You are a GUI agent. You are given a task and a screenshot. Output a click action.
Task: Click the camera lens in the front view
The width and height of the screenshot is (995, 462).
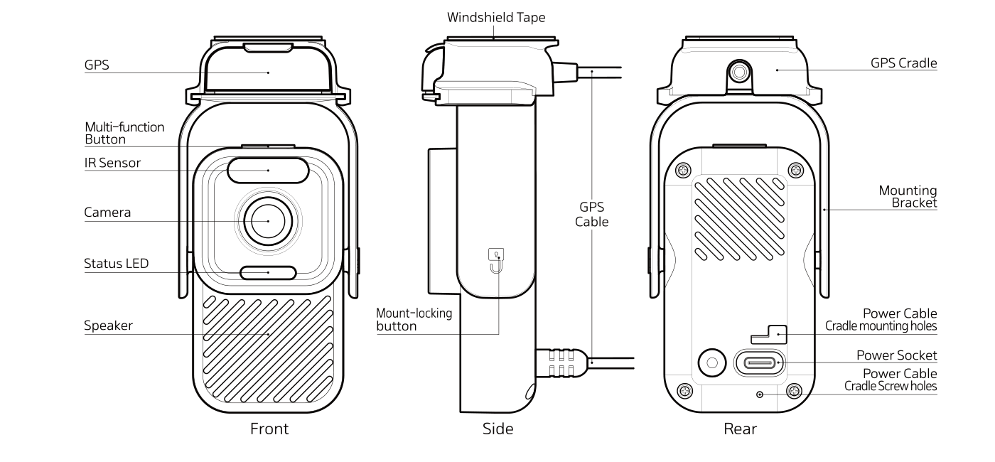point(268,221)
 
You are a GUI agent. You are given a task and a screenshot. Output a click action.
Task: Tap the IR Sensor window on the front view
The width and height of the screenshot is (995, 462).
point(268,171)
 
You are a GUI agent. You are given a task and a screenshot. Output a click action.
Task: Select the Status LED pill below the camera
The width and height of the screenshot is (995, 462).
point(268,272)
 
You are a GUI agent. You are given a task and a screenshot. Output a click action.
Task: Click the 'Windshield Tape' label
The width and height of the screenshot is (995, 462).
point(496,17)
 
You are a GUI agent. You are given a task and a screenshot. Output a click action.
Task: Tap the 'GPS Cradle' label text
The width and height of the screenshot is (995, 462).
point(903,63)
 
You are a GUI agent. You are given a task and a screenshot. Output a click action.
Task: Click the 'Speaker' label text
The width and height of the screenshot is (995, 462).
point(109,326)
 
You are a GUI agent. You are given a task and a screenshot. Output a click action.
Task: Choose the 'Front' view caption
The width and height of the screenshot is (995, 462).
point(269,429)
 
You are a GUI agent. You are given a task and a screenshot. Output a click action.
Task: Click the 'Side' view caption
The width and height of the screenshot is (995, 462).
point(497,429)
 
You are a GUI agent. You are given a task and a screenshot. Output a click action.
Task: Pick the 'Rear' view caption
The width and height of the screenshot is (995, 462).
point(740,429)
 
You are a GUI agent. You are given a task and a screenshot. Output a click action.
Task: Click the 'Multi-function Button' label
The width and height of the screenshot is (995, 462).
point(124,133)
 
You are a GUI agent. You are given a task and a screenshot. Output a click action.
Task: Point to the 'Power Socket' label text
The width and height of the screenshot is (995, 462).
point(896,355)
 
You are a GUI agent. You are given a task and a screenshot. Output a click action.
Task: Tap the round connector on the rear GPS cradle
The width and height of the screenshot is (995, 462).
point(740,72)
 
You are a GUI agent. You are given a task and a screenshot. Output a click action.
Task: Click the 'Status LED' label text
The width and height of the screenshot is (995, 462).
point(117,264)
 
